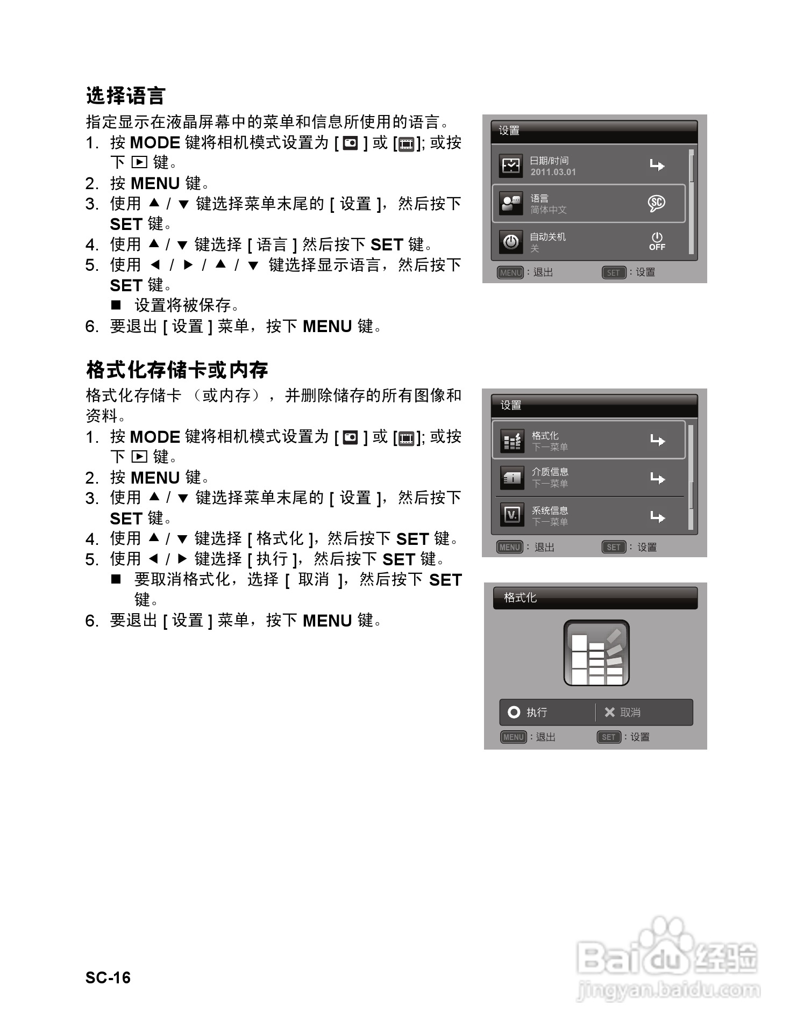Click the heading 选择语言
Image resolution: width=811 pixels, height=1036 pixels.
(125, 96)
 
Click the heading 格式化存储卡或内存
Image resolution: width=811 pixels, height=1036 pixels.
(177, 370)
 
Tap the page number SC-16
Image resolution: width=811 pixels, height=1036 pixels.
(108, 977)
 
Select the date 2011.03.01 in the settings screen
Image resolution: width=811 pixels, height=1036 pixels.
(553, 172)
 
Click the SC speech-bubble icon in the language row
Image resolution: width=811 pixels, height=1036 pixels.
(656, 203)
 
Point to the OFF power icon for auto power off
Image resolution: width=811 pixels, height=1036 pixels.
(657, 241)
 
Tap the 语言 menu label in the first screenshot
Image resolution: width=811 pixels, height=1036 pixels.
(539, 198)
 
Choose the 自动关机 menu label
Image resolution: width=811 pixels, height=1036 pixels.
(547, 236)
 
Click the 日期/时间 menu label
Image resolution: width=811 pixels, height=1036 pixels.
(549, 160)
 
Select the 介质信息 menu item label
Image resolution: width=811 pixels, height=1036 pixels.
(550, 472)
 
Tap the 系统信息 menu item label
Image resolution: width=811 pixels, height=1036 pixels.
(550, 510)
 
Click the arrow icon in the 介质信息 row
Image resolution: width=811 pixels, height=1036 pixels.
(657, 478)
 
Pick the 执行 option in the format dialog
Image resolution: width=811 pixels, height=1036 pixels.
(536, 712)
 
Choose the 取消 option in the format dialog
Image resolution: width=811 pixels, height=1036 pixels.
(630, 712)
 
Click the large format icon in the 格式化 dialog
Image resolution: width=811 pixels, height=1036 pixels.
(596, 653)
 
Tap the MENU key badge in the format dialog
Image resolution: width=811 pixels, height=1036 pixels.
(513, 737)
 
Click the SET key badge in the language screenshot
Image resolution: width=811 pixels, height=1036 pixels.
(613, 272)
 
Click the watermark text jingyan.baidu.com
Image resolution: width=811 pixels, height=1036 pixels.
(668, 990)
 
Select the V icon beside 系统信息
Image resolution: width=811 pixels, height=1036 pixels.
(511, 515)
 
